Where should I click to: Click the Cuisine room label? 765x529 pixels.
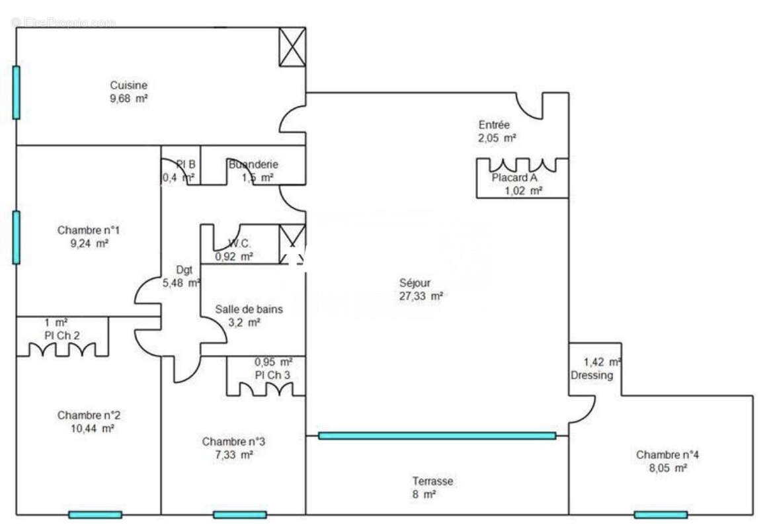click(x=128, y=85)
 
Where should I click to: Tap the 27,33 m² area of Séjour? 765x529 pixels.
click(x=421, y=297)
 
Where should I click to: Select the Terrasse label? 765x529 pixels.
click(x=432, y=481)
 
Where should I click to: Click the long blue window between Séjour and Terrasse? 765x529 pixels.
click(x=436, y=436)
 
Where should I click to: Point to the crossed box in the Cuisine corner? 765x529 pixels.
click(x=292, y=46)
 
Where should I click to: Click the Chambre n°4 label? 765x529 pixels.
click(x=667, y=455)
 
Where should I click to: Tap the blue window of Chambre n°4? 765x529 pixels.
click(x=660, y=514)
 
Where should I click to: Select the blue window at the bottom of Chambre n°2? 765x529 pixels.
click(x=95, y=514)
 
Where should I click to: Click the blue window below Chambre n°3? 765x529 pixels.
click(x=239, y=514)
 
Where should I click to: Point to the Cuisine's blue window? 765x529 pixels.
click(x=16, y=93)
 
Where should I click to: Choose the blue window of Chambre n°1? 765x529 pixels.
click(x=16, y=237)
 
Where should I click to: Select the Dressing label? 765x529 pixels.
click(x=592, y=376)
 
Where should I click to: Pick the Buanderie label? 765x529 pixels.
click(x=253, y=165)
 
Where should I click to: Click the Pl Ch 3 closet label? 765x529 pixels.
click(x=272, y=375)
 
